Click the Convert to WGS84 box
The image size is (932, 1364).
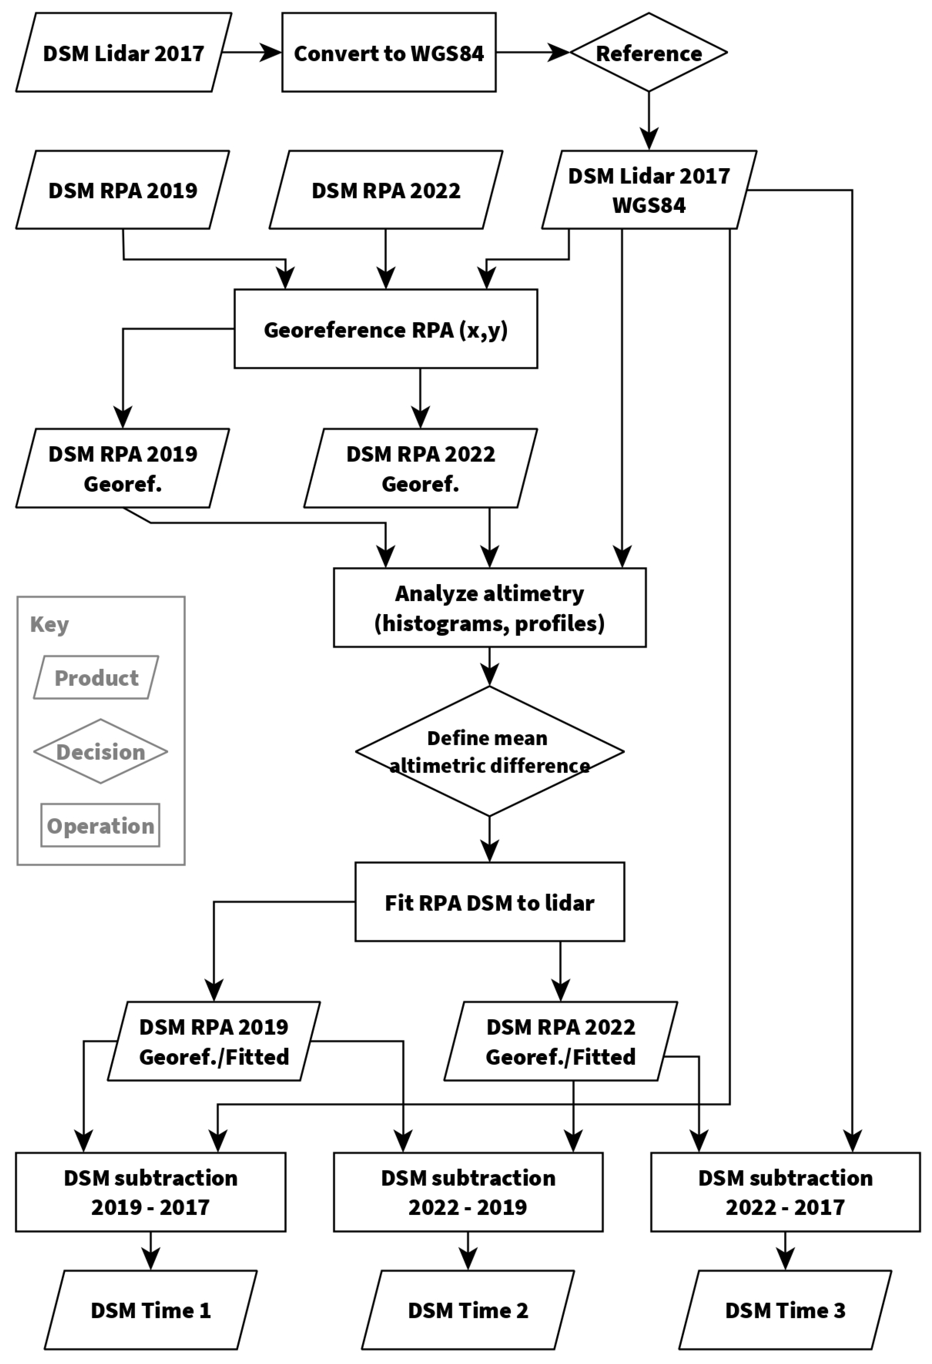[388, 53]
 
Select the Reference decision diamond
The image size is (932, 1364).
[648, 53]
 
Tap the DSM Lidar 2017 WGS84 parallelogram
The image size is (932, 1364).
[648, 190]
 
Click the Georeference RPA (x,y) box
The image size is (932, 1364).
[386, 329]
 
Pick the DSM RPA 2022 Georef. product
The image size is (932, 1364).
[420, 468]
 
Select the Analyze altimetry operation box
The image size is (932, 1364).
[490, 608]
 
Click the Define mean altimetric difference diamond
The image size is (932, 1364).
[490, 751]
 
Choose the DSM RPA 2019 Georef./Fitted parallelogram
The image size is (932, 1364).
[214, 1041]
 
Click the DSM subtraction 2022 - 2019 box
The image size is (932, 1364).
[468, 1192]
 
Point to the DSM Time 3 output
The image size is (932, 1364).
[785, 1310]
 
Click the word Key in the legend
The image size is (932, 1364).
[49, 624]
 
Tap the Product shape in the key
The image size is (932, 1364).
[96, 678]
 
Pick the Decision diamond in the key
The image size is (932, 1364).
[101, 752]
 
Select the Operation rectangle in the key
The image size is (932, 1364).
[101, 826]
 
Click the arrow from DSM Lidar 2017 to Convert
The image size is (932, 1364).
[251, 53]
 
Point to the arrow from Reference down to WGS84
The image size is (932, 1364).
[648, 120]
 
